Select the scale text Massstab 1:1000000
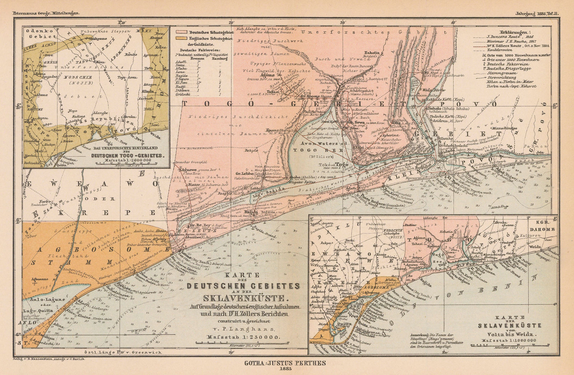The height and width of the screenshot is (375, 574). pos(508,340)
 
